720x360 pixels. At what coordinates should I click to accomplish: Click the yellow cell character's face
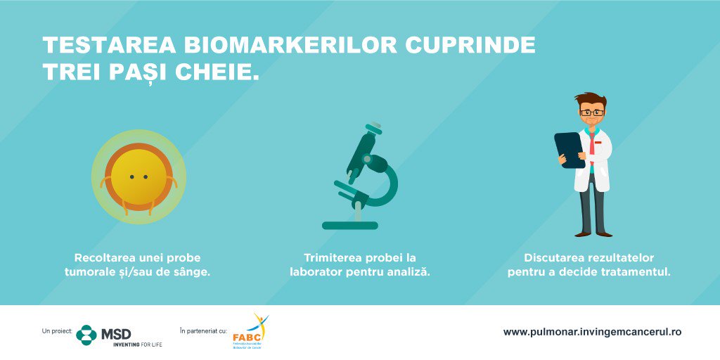(x=139, y=176)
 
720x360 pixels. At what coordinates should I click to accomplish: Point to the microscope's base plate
(x=350, y=226)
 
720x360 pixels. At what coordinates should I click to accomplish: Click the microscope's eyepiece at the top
(x=374, y=127)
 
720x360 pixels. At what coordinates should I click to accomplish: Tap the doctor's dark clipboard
(x=570, y=149)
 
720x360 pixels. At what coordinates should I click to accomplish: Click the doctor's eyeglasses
(x=591, y=112)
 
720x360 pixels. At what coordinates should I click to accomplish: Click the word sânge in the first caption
(x=191, y=271)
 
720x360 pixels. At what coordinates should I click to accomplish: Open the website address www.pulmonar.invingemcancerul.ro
(x=592, y=332)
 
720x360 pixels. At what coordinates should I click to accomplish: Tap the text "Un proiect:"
(x=58, y=330)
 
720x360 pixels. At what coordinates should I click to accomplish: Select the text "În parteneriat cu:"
(x=203, y=330)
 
